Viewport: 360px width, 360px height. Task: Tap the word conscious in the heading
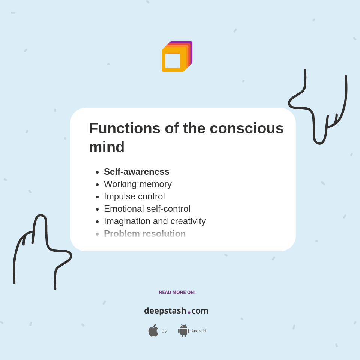(246, 128)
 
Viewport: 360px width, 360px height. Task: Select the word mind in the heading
(106, 147)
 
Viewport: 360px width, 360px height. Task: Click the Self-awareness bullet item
(136, 172)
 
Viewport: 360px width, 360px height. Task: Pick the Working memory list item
(138, 184)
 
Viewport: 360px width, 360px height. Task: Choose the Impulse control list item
(134, 196)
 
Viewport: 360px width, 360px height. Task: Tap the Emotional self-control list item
(147, 209)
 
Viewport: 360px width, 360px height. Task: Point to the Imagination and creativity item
(155, 221)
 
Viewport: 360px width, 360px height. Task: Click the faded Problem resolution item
(145, 234)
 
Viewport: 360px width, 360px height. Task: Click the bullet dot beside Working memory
(97, 184)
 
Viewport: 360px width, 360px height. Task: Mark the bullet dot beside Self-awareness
(97, 172)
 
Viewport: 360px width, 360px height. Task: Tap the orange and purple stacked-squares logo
(177, 56)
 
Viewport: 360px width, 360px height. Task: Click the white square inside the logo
(172, 61)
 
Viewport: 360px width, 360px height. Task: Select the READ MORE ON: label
(177, 292)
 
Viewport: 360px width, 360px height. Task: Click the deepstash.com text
(176, 310)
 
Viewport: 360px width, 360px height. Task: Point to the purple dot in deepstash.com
(189, 312)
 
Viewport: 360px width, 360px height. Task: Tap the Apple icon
(153, 330)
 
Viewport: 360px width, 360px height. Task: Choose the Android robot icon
(183, 330)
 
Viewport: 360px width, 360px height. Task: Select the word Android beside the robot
(198, 331)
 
